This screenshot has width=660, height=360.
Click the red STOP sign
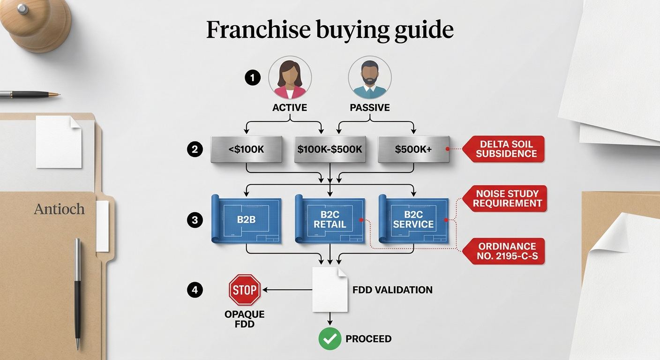(x=245, y=290)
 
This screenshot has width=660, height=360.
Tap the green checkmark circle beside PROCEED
(x=330, y=339)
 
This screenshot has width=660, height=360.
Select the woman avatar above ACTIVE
(x=290, y=77)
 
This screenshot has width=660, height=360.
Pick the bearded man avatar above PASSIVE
(x=370, y=77)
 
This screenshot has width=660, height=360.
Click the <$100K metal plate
(x=246, y=150)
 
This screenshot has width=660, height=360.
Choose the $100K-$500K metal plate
(x=330, y=150)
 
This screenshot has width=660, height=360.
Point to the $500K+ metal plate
(x=413, y=150)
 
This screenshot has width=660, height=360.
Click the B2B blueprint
(x=246, y=219)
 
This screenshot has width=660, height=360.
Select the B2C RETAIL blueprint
(x=330, y=219)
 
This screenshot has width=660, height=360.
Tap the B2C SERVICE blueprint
(x=413, y=219)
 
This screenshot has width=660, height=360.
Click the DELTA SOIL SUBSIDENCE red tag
(x=503, y=149)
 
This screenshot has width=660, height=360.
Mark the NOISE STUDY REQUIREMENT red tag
(x=504, y=199)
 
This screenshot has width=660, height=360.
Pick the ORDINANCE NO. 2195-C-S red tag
(x=503, y=251)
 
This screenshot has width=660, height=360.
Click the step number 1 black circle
(x=253, y=78)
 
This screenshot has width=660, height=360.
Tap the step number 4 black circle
(x=195, y=290)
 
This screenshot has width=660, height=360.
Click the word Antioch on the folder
(x=59, y=209)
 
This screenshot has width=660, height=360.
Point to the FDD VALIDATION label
(x=392, y=290)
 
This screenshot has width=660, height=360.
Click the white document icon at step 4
(x=330, y=290)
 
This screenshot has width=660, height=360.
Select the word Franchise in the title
(x=258, y=30)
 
